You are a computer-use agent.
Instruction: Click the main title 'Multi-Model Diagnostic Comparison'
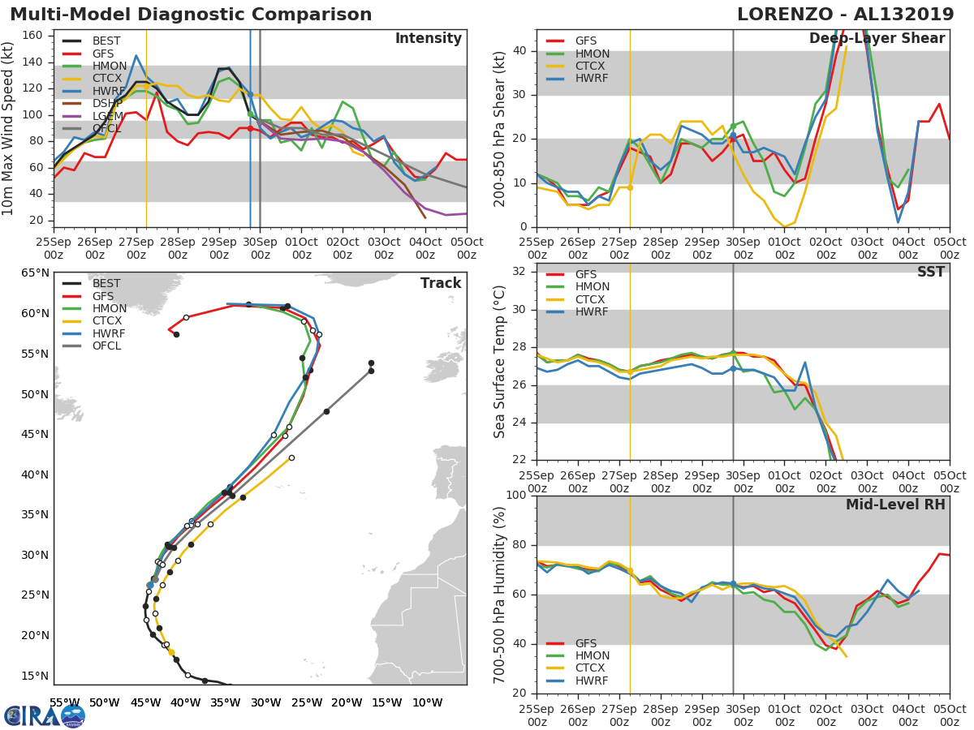[x=191, y=15]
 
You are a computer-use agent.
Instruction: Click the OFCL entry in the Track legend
[x=106, y=346]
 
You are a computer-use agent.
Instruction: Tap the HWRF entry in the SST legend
[x=591, y=312]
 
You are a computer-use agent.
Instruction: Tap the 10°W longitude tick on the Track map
[x=426, y=702]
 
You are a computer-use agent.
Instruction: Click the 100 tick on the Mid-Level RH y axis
[x=516, y=496]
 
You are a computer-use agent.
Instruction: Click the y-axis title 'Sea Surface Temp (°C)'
[x=500, y=362]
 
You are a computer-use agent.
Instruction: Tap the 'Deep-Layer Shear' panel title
[x=877, y=39]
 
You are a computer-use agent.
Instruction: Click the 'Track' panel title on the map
[x=441, y=283]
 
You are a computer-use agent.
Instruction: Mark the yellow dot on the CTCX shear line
[x=630, y=187]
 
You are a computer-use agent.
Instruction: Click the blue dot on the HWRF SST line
[x=733, y=368]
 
